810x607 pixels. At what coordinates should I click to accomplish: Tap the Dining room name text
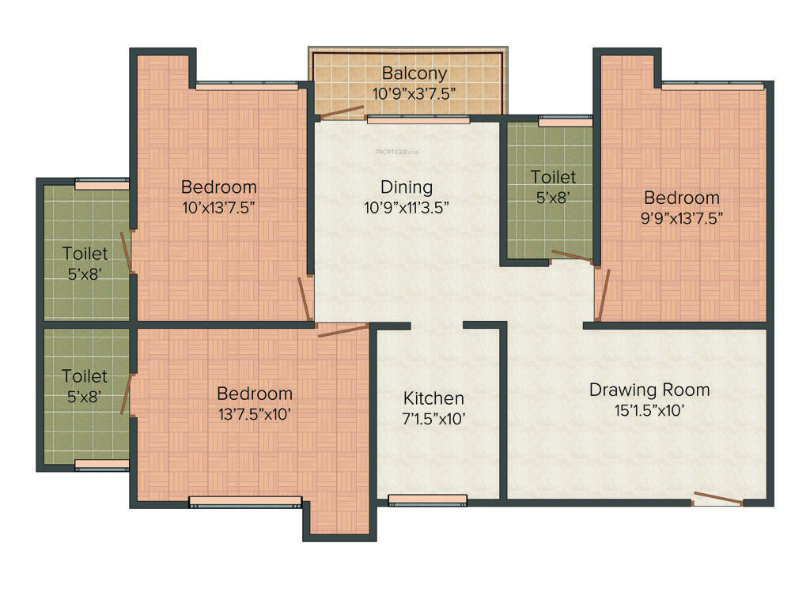[x=407, y=187]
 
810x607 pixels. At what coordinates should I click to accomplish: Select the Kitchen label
[x=433, y=398]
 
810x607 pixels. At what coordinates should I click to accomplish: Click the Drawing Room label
[x=649, y=390]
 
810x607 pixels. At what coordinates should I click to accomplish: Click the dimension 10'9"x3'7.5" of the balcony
[x=414, y=92]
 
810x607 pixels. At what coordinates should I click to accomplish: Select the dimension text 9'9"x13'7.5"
[x=681, y=217]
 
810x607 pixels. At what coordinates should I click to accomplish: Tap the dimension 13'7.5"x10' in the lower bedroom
[x=255, y=413]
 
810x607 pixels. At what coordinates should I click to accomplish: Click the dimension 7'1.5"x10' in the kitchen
[x=433, y=418]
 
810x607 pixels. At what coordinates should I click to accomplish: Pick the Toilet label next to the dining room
[x=553, y=177]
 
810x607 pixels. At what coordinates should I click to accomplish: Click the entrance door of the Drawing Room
[x=718, y=499]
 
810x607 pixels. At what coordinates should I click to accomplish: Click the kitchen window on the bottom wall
[x=428, y=500]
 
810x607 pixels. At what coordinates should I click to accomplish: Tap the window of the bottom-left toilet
[x=102, y=464]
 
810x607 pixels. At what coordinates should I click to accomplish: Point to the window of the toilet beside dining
[x=565, y=121]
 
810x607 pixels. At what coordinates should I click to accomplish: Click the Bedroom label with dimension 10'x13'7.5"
[x=219, y=187]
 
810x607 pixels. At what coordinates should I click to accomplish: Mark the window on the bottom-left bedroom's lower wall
[x=245, y=501]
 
